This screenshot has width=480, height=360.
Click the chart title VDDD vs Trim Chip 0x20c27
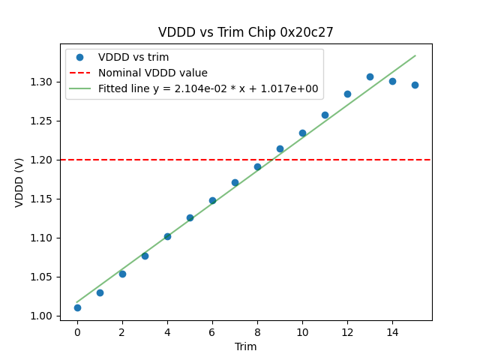(x=245, y=32)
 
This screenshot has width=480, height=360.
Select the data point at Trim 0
(x=77, y=307)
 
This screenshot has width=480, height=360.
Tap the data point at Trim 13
(x=370, y=76)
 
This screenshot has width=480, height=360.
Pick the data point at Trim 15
(x=415, y=85)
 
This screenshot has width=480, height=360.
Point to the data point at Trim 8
(x=257, y=166)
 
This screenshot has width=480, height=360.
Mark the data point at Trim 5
(x=190, y=217)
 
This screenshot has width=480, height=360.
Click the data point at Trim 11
(x=325, y=115)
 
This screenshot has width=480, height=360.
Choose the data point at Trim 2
(x=122, y=274)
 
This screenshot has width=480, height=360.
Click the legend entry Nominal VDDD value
(x=152, y=73)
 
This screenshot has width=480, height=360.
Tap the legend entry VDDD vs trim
(x=133, y=57)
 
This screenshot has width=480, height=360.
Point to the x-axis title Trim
(x=245, y=346)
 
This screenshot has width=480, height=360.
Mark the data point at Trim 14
(x=392, y=81)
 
